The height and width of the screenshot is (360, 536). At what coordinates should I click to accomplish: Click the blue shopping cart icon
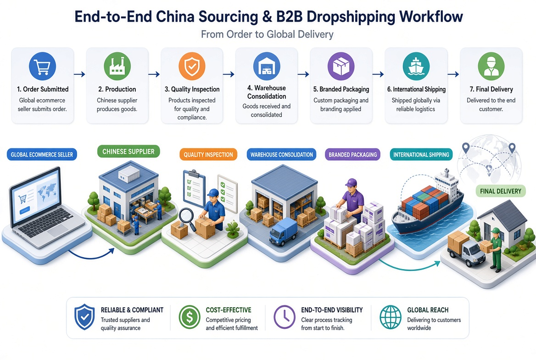[x=42, y=66]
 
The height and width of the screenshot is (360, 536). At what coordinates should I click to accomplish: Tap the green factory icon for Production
[x=117, y=66]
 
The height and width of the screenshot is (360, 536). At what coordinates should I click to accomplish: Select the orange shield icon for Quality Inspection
[x=192, y=66]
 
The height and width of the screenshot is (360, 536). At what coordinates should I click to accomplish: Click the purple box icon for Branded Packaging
[x=341, y=66]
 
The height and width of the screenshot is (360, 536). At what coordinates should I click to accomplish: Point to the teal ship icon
[x=416, y=66]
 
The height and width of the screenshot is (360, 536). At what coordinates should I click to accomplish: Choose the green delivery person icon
[x=491, y=66]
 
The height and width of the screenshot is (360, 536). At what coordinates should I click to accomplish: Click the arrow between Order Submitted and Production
[x=80, y=74]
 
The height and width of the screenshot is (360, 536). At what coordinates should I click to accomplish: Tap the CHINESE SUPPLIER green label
[x=128, y=152]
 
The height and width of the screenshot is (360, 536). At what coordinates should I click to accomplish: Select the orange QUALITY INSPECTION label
[x=208, y=155]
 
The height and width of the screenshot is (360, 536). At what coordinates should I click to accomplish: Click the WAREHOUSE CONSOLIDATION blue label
[x=282, y=155]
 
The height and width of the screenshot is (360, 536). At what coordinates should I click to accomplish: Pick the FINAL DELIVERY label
[x=501, y=191]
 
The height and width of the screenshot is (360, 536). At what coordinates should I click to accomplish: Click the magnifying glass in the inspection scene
[x=185, y=217]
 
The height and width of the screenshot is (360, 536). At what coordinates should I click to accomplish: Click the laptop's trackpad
[x=58, y=231]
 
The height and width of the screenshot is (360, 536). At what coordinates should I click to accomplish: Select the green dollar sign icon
[x=190, y=317]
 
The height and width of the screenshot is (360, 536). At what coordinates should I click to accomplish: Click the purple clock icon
[x=285, y=317]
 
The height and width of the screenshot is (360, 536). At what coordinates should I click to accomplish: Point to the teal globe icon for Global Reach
[x=391, y=317]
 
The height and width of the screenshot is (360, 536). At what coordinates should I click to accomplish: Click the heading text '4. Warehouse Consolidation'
[x=267, y=92]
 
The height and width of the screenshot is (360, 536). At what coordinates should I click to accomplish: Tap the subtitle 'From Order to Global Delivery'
[x=267, y=34]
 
